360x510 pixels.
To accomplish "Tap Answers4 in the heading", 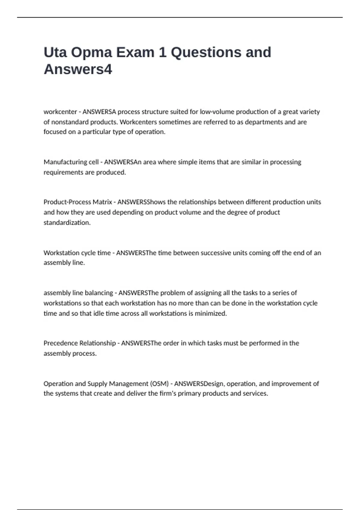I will pyautogui.click(x=78, y=69).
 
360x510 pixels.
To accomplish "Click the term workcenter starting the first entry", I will pyautogui.click(x=60, y=112).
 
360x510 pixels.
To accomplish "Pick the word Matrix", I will pyautogui.click(x=102, y=202).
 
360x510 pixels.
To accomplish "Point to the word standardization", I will pyautogui.click(x=67, y=223).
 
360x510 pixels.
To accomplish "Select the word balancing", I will pyautogui.click(x=99, y=293).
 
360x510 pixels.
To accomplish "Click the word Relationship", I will pyautogui.click(x=97, y=343).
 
